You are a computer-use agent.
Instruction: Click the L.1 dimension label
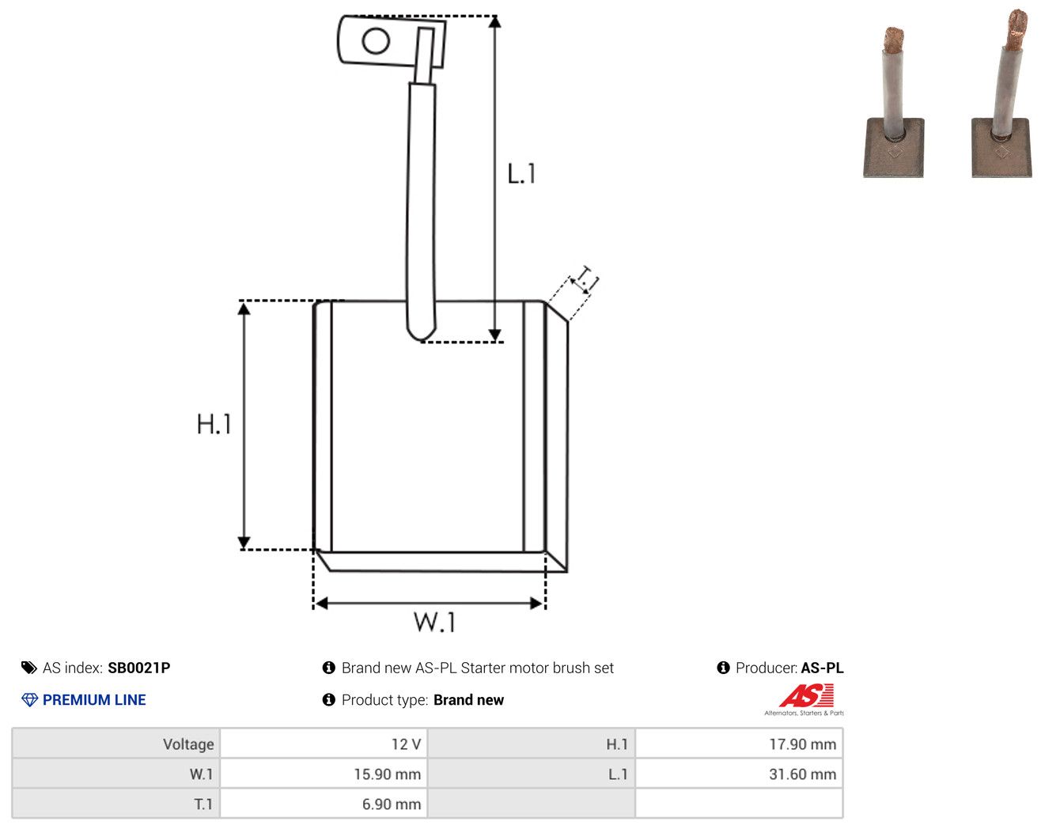tap(521, 173)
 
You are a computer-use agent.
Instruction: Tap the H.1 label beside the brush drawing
tap(214, 424)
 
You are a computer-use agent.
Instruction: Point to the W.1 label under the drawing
tap(434, 622)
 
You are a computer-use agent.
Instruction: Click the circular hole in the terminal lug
tap(376, 41)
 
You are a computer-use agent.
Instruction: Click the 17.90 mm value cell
tap(738, 744)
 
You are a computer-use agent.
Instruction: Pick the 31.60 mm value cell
tap(738, 774)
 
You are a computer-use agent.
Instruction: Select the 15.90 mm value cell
tap(323, 774)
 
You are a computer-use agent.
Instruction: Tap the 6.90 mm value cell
tap(323, 804)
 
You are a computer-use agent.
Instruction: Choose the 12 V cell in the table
tap(323, 744)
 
